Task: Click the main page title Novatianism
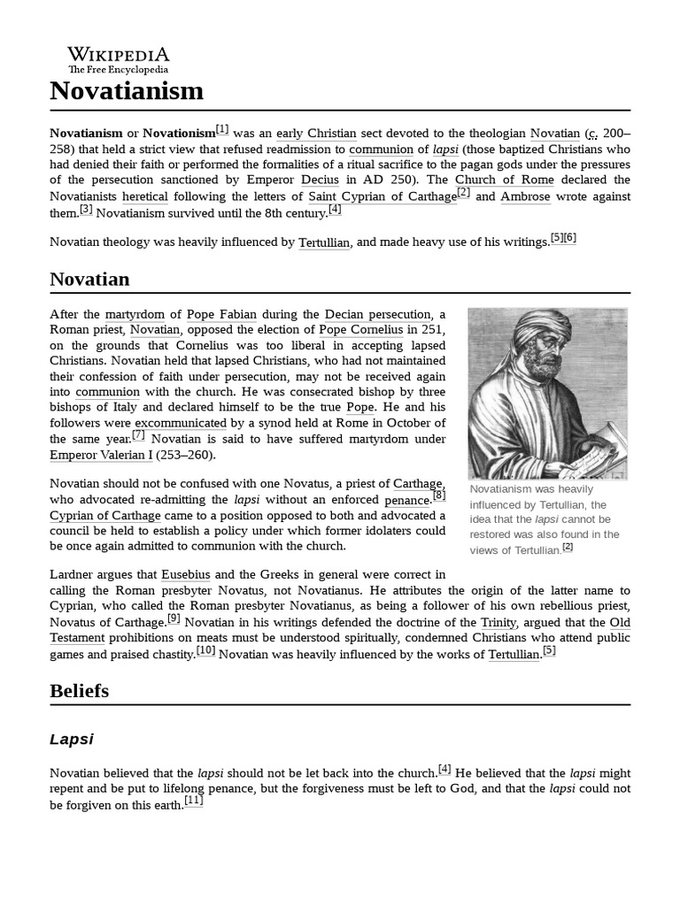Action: [x=127, y=91]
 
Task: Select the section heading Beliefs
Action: [x=80, y=690]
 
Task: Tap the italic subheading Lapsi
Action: [x=72, y=739]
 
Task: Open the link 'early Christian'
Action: [x=316, y=134]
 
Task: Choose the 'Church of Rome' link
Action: [x=505, y=180]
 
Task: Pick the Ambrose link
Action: [x=525, y=196]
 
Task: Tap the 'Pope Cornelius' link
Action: [x=360, y=330]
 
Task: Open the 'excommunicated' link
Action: [x=181, y=423]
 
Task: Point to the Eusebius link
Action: [x=186, y=575]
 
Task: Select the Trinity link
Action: [x=498, y=623]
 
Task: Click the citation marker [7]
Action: [x=138, y=435]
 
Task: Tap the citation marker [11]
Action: [x=193, y=802]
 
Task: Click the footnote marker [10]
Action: [x=205, y=651]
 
